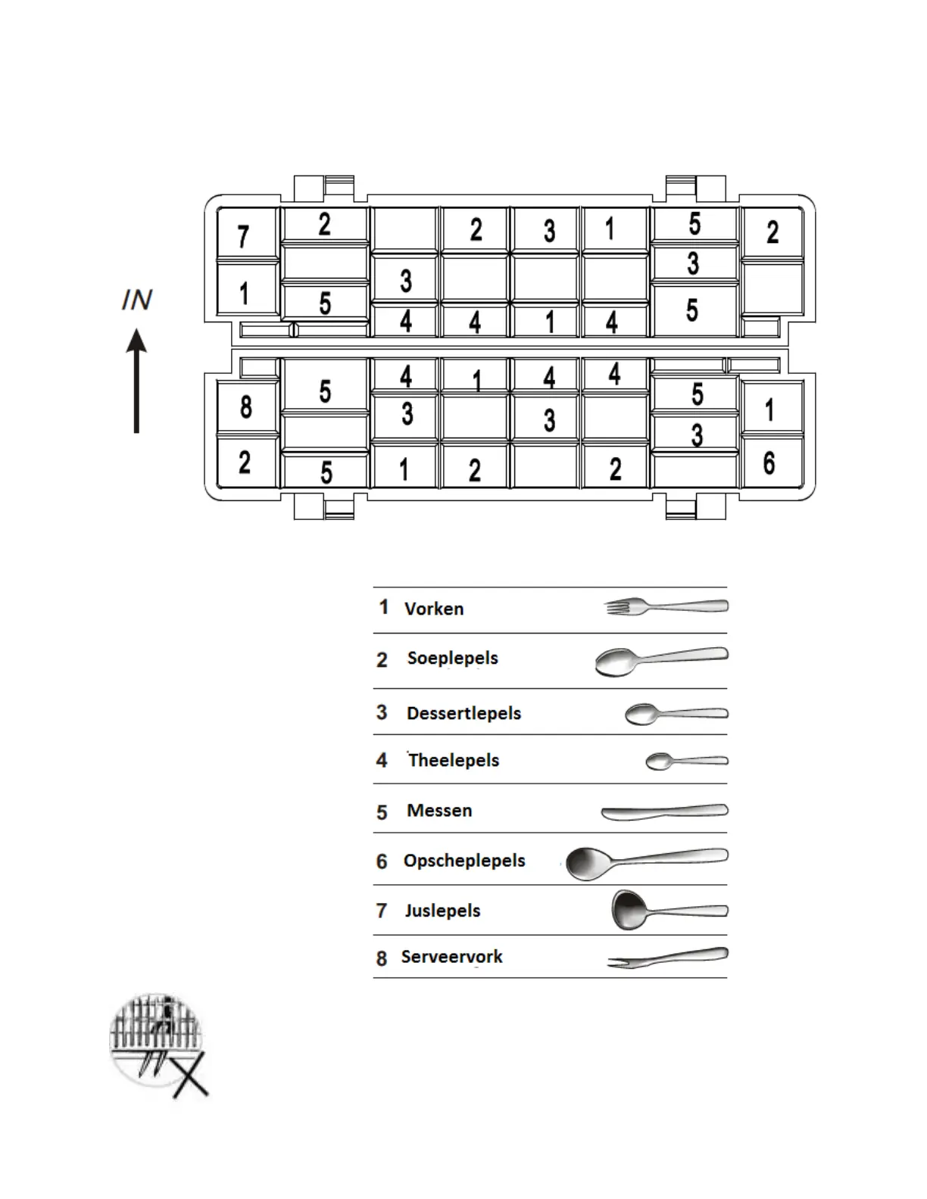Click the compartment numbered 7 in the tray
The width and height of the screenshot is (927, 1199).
coord(244,235)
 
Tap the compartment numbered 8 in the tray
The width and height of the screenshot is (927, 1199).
coord(246,407)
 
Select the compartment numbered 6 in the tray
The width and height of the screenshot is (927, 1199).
coord(769,462)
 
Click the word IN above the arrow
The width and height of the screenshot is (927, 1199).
coord(137,301)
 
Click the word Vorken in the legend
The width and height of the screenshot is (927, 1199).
coord(434,609)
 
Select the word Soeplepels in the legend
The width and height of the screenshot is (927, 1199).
coord(452,658)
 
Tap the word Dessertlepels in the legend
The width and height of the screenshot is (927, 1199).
coord(463,713)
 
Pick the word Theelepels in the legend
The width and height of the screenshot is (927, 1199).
coord(454,760)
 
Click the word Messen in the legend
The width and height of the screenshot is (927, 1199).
coord(439,811)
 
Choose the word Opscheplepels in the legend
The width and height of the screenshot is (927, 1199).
coord(464,861)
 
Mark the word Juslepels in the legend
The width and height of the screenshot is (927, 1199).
coord(442,911)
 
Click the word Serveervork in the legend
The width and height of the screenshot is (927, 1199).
coord(451,957)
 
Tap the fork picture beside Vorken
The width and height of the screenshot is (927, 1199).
coord(666,606)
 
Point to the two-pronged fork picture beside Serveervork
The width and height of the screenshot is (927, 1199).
coord(666,958)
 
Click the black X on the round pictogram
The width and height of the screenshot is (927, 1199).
coord(189,1076)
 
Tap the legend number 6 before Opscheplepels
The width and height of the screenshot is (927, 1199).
coord(382,861)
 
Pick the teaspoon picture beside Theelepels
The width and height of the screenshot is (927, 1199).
coord(685,761)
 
